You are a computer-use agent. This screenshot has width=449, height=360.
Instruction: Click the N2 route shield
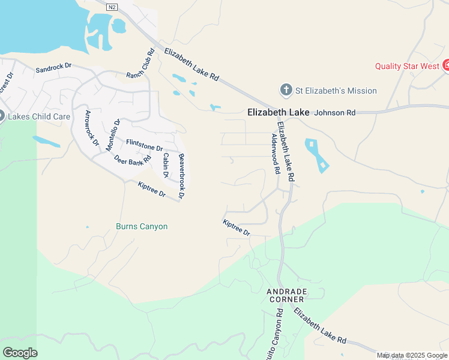click(112, 7)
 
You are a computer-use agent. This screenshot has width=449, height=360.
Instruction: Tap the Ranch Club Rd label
click(141, 64)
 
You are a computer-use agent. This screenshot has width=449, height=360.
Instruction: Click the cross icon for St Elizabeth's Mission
click(286, 91)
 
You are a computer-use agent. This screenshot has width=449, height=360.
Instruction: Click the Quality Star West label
click(407, 66)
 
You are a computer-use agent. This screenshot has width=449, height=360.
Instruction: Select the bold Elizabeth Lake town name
click(279, 112)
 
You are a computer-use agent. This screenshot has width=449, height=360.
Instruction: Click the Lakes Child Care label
click(39, 116)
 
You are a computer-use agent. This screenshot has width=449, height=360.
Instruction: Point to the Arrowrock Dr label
click(91, 128)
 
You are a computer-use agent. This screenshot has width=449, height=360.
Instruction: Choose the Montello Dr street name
click(113, 135)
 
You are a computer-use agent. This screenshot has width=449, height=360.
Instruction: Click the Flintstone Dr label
click(145, 145)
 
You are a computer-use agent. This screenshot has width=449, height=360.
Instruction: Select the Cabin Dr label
click(166, 165)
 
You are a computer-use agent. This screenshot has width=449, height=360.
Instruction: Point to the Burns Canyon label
click(142, 227)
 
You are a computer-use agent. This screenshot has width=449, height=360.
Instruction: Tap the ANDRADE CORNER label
click(287, 295)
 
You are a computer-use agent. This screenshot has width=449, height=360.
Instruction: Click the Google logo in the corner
click(20, 353)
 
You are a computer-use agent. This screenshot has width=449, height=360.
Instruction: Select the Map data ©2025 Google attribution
click(412, 356)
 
